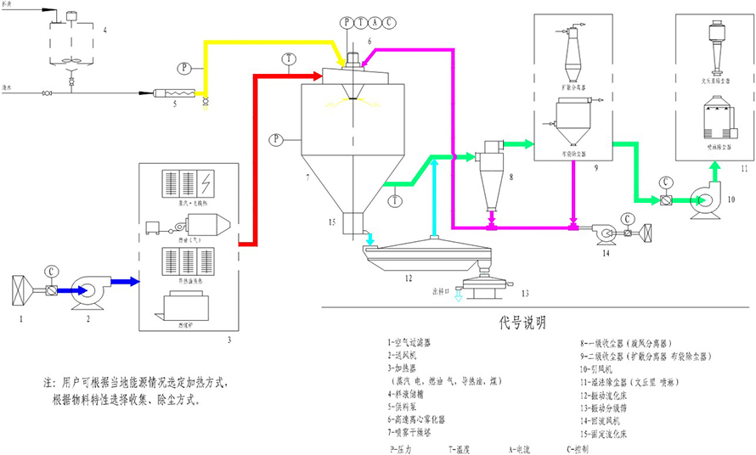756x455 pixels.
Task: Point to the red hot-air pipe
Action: coord(253,153)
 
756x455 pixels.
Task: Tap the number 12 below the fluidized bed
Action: coord(408,277)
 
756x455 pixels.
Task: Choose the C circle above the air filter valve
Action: coord(53,272)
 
